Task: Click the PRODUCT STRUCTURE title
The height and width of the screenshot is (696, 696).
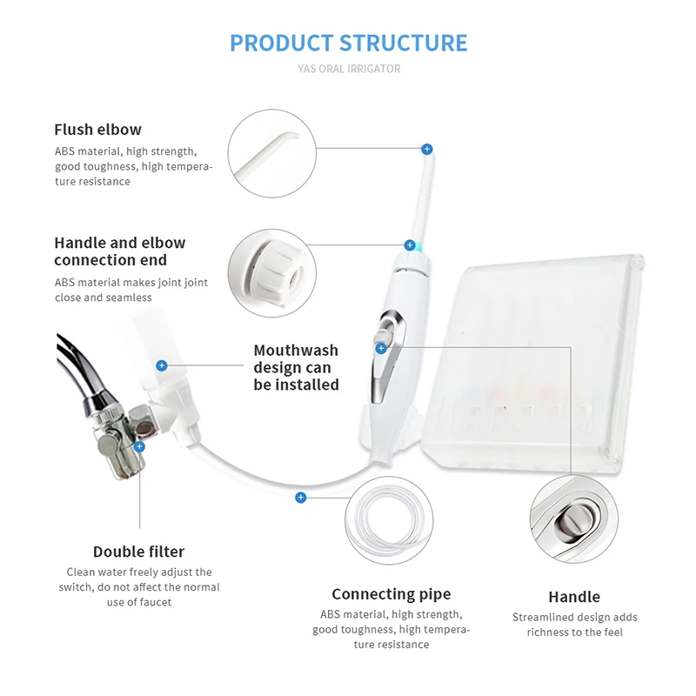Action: point(348,43)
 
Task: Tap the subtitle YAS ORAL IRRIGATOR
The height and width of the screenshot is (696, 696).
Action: point(348,69)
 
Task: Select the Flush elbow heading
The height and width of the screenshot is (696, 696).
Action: point(97,130)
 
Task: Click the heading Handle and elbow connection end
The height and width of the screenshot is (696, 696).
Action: point(119,251)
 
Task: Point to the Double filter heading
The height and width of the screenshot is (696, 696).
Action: point(138,552)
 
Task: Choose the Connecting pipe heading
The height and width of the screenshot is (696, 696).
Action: point(391,594)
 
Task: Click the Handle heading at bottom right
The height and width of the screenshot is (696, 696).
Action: point(573,597)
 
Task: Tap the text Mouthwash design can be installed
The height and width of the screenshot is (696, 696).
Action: point(296,367)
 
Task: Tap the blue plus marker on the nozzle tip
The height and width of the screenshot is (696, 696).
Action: point(426,150)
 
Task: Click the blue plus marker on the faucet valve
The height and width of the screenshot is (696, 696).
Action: point(139,446)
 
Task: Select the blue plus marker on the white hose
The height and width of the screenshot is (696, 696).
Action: point(300,498)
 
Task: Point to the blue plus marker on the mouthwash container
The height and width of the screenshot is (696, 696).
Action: point(161,365)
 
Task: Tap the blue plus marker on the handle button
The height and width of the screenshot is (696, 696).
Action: point(381,348)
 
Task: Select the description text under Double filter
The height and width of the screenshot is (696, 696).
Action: point(138,587)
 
